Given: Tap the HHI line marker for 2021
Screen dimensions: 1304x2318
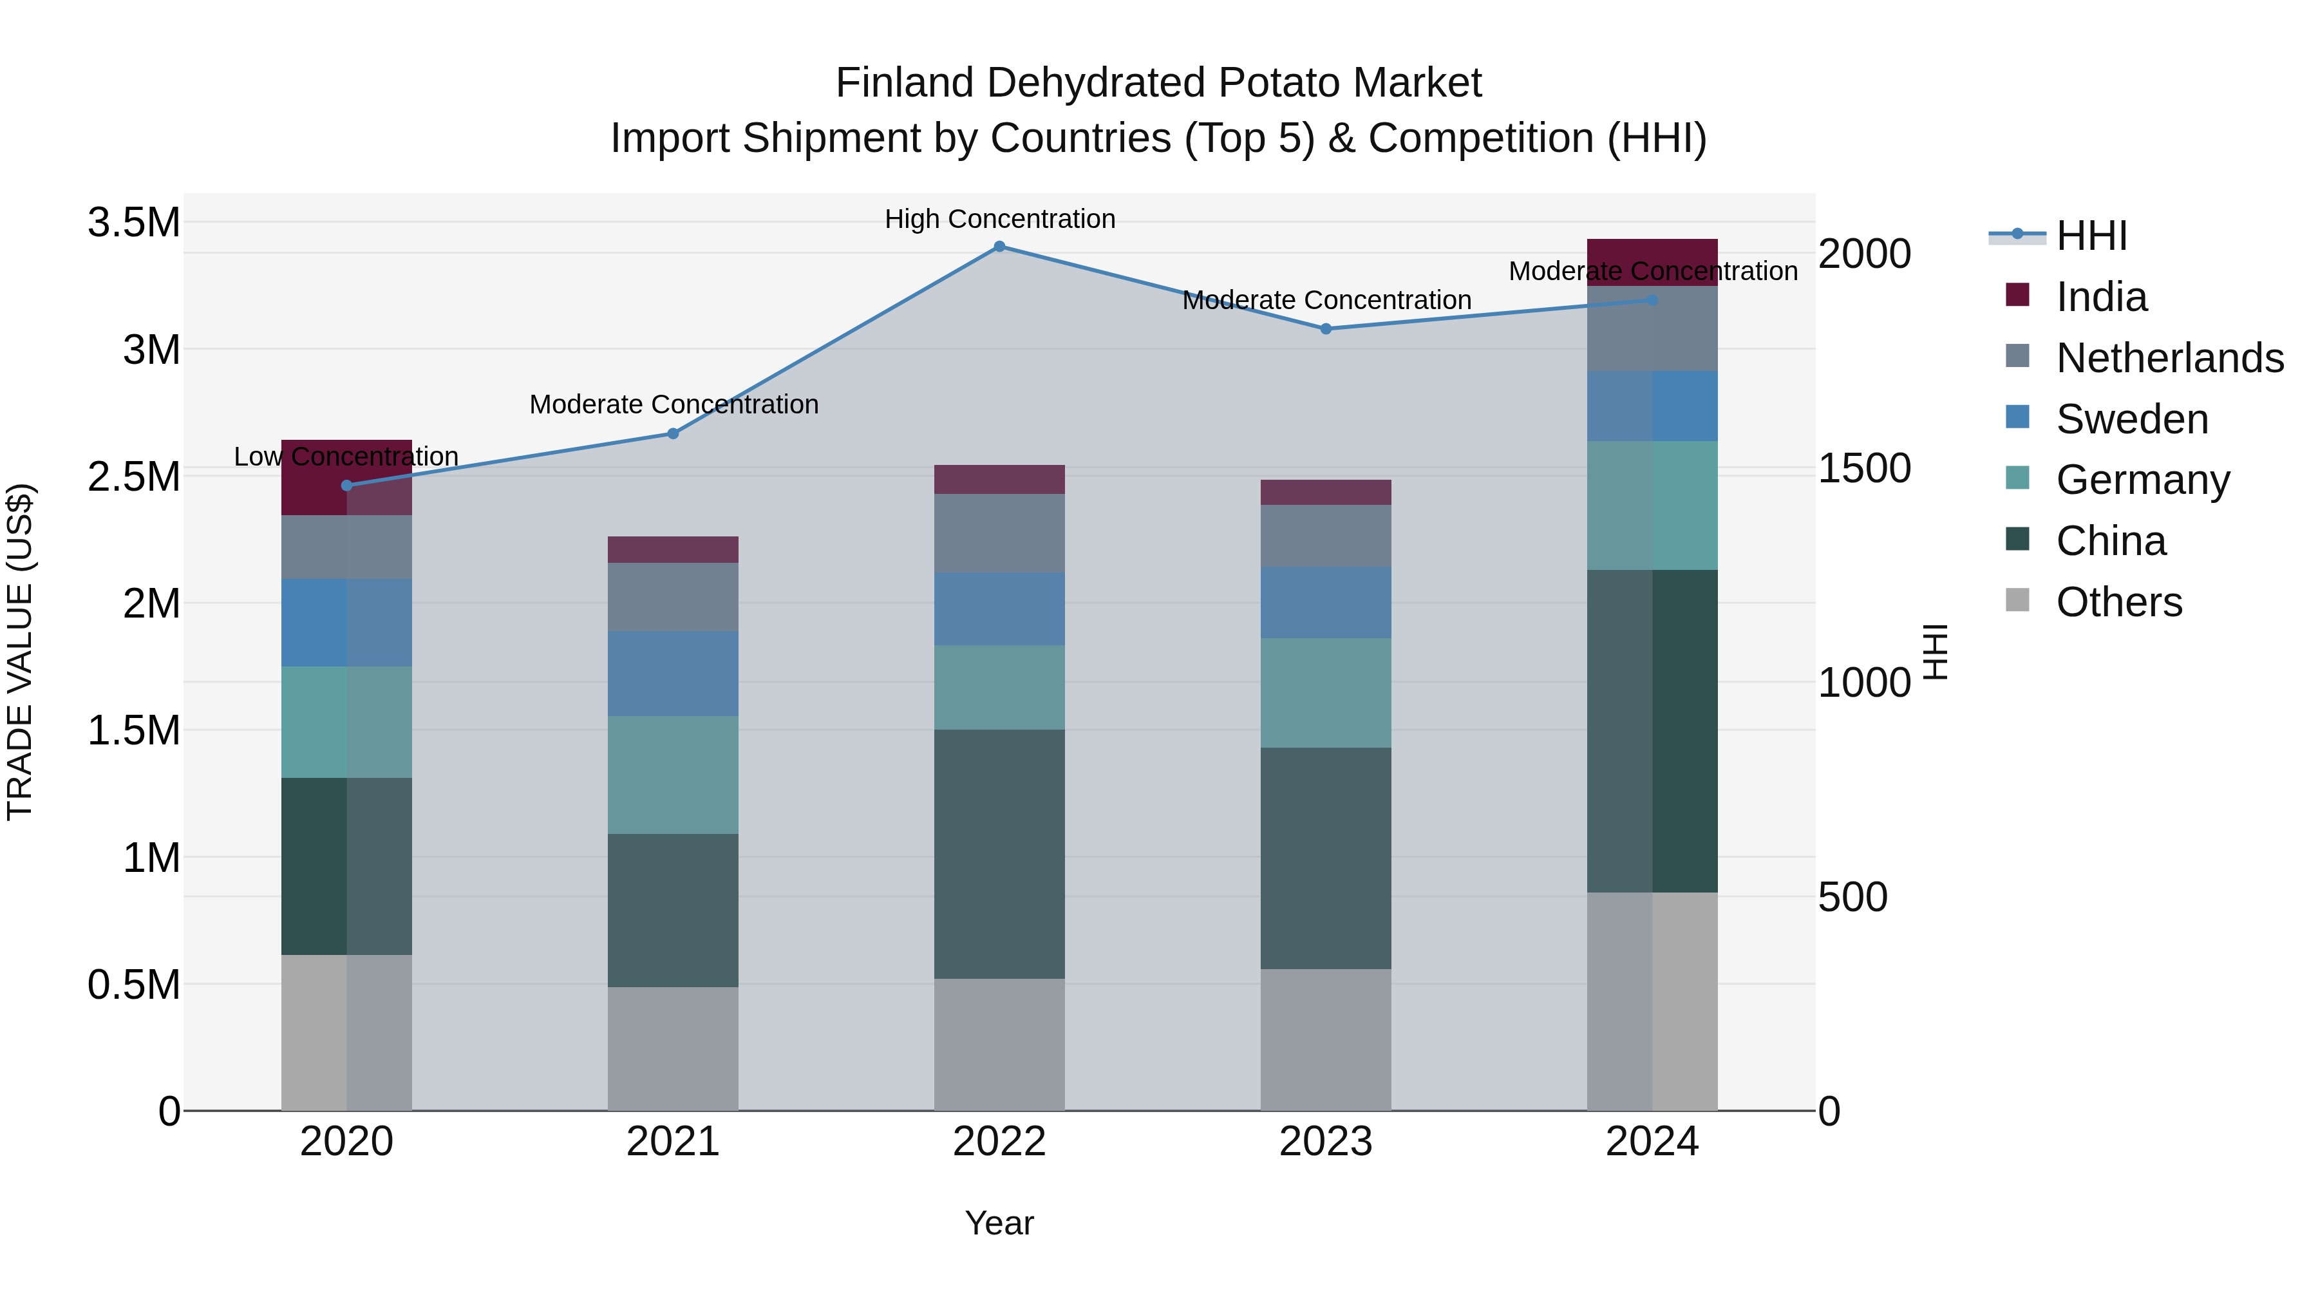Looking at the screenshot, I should click(x=673, y=434).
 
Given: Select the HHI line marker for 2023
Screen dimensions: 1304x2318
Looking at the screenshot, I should click(x=1326, y=329).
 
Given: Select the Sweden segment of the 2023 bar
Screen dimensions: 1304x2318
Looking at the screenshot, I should click(x=1326, y=602).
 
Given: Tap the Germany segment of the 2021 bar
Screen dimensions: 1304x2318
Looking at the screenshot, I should click(x=673, y=775).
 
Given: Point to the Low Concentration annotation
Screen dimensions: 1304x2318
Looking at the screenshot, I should click(x=346, y=457).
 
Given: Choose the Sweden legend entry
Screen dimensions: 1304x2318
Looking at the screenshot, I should click(x=2132, y=419).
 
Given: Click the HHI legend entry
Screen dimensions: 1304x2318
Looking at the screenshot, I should click(x=2091, y=236).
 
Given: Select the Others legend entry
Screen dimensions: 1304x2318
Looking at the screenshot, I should click(x=2118, y=602).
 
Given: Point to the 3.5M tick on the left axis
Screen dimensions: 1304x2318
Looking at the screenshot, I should click(x=133, y=222).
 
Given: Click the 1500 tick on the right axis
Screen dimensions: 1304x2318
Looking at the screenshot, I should click(x=1863, y=468).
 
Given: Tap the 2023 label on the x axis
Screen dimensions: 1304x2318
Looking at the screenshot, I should click(x=1326, y=1142).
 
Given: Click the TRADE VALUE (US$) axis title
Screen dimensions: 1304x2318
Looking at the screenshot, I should click(x=20, y=652).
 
